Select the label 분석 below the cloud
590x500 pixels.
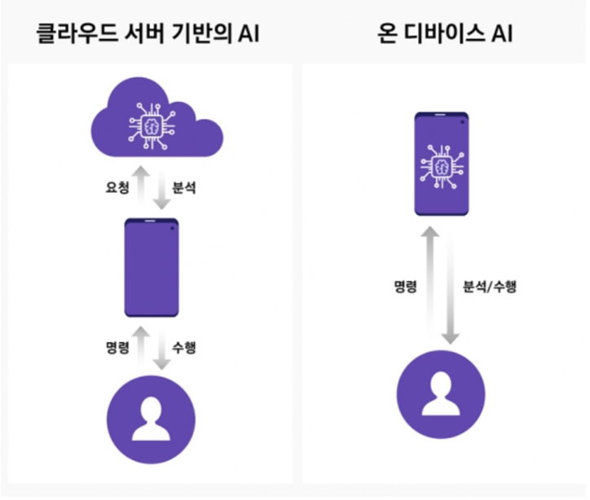click(x=184, y=186)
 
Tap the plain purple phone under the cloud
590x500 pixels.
click(x=151, y=267)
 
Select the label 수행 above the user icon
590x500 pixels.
click(x=184, y=347)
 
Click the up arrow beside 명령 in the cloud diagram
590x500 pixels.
click(x=140, y=345)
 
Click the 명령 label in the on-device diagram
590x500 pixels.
click(x=406, y=287)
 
